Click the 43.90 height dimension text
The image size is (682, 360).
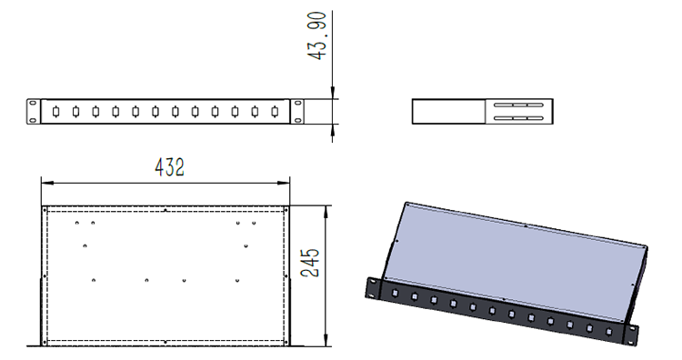(316, 36)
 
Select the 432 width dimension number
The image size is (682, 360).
(170, 167)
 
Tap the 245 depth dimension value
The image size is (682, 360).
(310, 263)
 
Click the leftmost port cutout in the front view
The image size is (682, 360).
(55, 112)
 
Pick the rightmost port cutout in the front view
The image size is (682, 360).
(275, 112)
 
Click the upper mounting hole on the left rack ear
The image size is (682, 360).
(33, 103)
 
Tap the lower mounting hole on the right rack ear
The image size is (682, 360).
(297, 120)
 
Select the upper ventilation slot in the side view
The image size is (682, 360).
(518, 105)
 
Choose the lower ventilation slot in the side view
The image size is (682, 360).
(518, 118)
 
